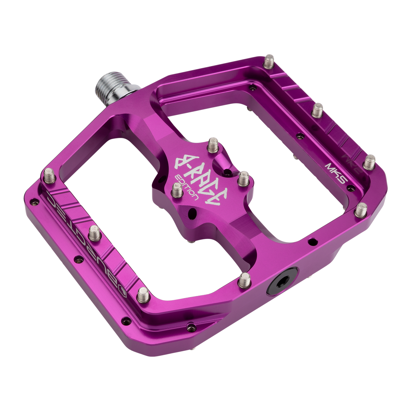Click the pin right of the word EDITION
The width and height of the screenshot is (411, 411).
tap(243, 176)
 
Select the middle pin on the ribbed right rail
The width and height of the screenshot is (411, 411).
tap(318, 109)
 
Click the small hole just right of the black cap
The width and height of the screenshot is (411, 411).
tap(312, 242)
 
